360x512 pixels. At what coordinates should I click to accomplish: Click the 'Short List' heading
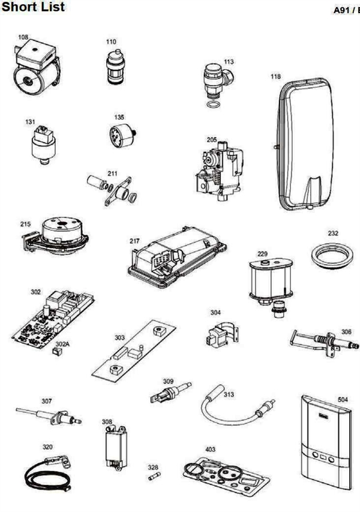coord(33,7)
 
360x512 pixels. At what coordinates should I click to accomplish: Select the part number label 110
coord(111,43)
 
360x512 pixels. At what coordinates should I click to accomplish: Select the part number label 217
coord(134,240)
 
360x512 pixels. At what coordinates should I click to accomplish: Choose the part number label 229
coord(263,254)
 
